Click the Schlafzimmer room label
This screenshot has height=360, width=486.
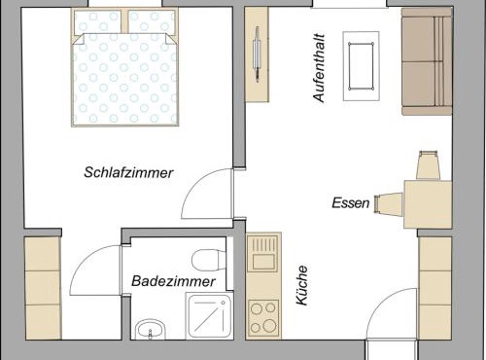tap(128, 172)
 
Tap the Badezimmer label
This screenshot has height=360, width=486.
tap(173, 281)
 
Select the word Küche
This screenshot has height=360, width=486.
tap(302, 285)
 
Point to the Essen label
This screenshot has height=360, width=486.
tap(351, 203)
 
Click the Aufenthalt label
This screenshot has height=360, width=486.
tap(319, 68)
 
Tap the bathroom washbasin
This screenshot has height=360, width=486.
tap(150, 330)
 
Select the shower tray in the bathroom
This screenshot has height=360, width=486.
tap(209, 315)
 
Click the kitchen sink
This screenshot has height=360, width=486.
tap(262, 254)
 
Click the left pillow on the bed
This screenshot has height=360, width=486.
tap(97, 21)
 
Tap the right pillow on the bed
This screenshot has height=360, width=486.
tap(152, 21)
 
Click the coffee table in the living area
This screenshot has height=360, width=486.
tap(361, 66)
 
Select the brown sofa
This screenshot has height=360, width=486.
tap(427, 61)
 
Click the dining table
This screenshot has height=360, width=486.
tap(428, 204)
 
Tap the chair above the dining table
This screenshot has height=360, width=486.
tap(428, 164)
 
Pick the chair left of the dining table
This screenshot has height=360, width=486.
tap(389, 204)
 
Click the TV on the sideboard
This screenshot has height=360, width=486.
tap(258, 54)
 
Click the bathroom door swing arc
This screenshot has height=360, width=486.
tap(86, 260)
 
